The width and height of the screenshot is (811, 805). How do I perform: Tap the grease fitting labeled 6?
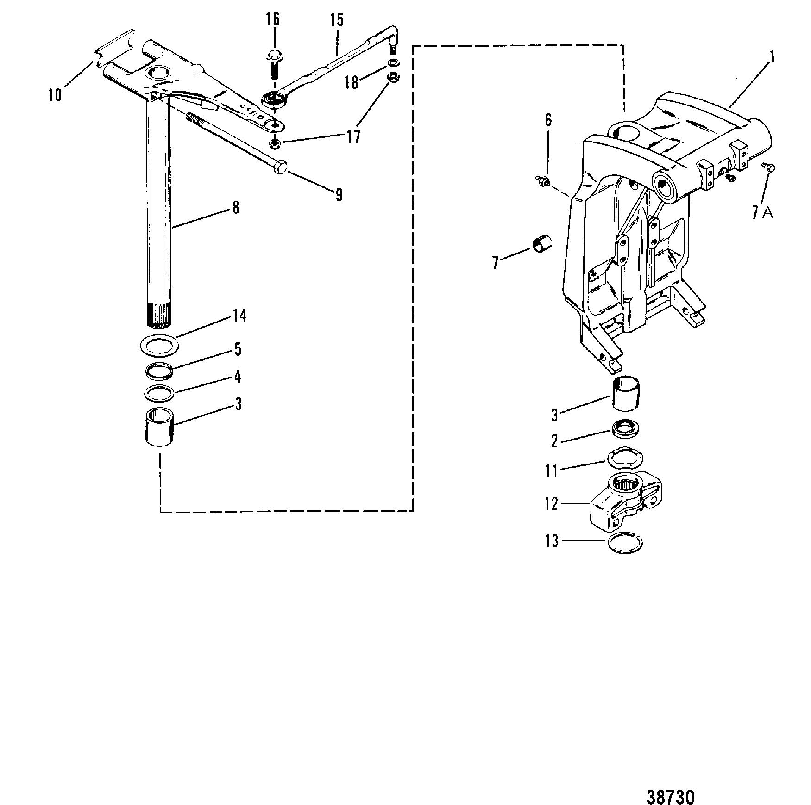(x=543, y=181)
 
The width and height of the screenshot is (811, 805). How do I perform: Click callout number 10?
(x=55, y=95)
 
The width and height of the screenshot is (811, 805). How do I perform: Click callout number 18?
(x=352, y=82)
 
